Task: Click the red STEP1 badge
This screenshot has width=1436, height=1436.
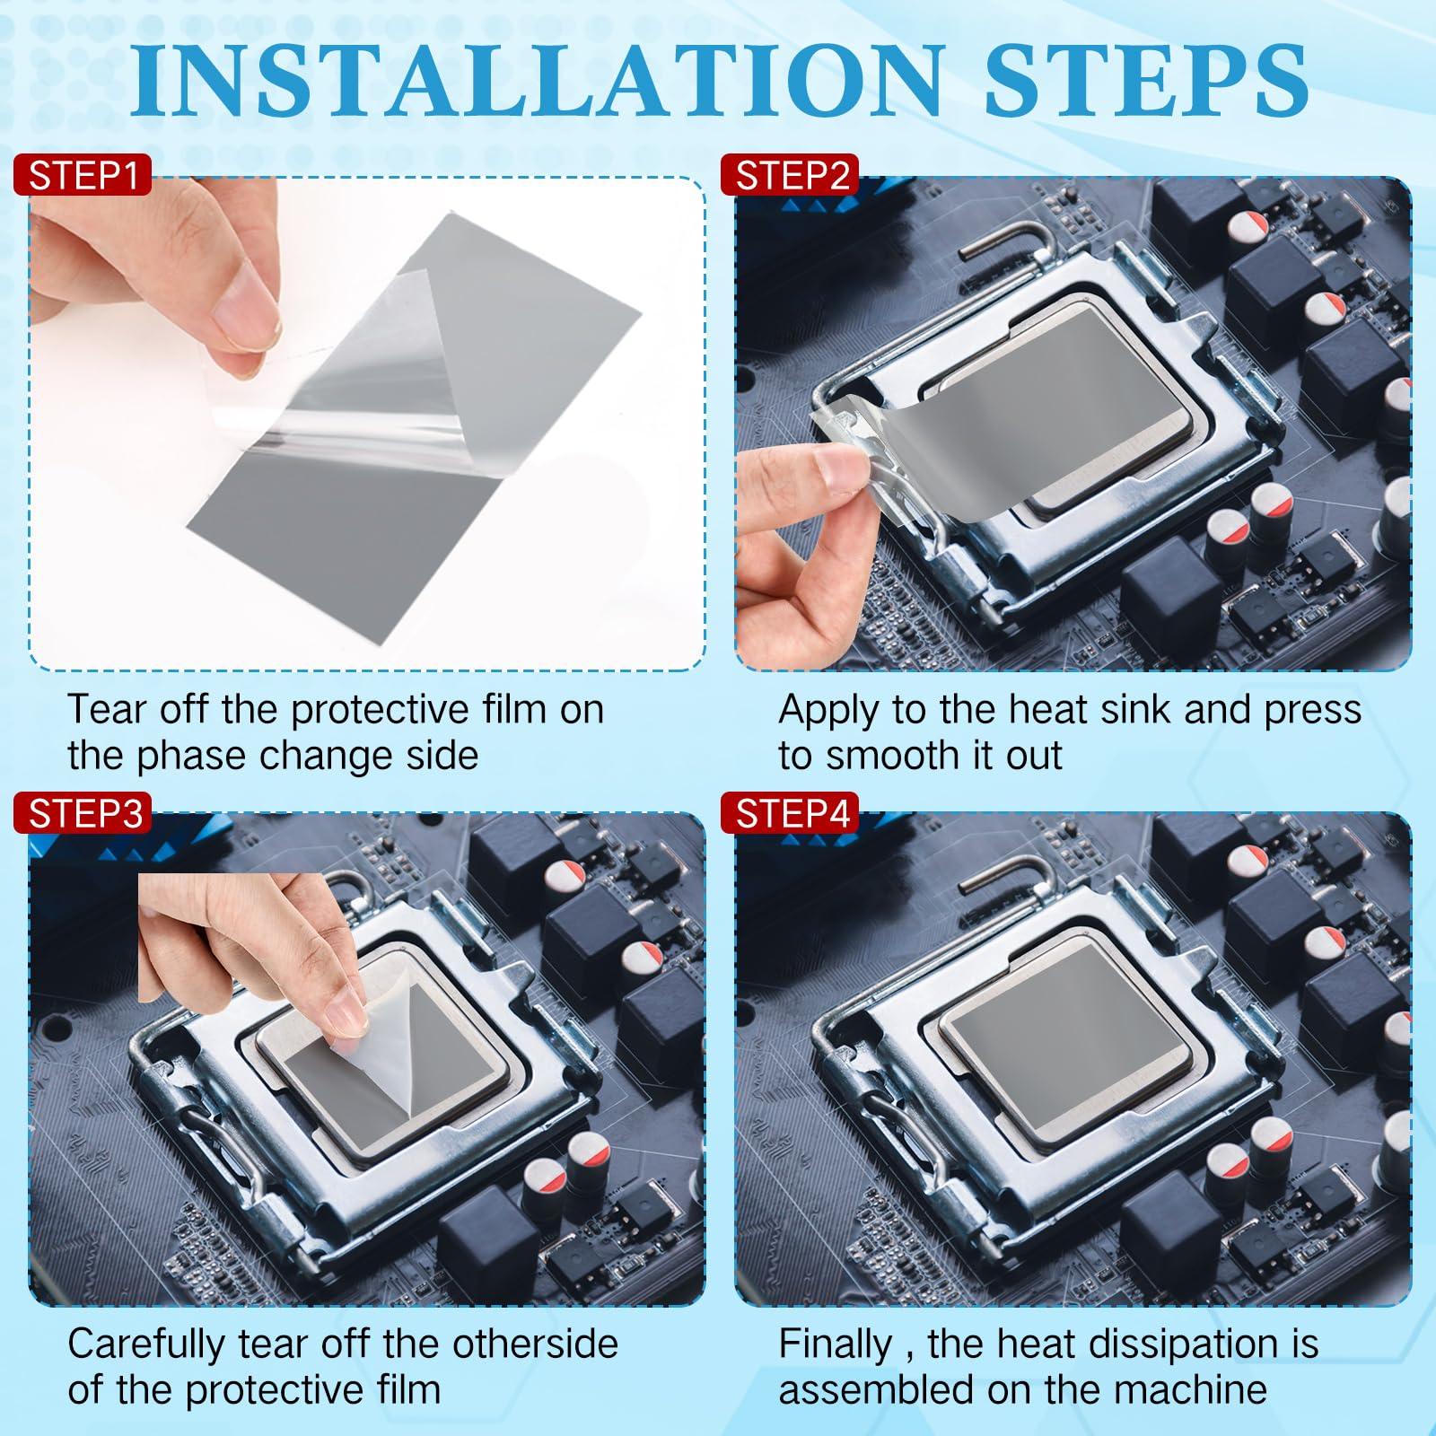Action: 83,175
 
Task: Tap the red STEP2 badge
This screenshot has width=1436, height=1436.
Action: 791,175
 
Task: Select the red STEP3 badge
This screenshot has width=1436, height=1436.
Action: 83,813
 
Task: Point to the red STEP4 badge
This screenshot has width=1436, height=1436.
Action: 791,813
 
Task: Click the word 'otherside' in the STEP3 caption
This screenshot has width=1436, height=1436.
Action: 535,1344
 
